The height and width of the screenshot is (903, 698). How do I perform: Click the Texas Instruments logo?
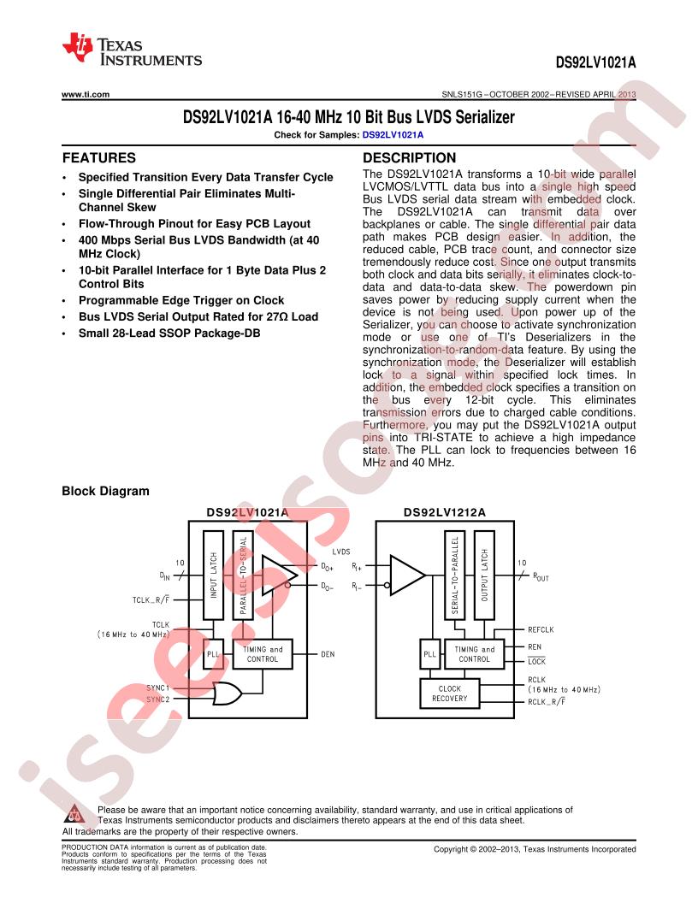coord(132,50)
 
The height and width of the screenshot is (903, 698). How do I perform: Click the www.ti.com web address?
coord(86,94)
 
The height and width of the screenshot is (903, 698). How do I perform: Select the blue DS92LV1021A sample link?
coord(393,135)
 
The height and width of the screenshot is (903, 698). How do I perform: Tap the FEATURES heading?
coord(99,158)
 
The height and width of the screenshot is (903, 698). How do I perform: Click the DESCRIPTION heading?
coord(409,158)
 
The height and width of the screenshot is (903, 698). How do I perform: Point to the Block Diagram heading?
coord(105,491)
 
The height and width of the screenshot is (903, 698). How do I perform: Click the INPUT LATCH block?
coord(214,575)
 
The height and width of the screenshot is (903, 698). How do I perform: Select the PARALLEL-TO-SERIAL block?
coord(243,575)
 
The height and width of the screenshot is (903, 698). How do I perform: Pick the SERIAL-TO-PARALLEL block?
coord(455,575)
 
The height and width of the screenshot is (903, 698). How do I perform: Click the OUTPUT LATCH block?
coord(484,575)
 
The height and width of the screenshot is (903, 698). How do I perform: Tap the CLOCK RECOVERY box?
coord(450,693)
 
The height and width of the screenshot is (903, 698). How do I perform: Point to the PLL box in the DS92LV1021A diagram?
coord(214,654)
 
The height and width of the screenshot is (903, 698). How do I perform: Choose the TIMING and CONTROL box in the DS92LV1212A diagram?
coord(474,654)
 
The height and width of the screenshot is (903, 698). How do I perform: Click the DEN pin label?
coord(328,654)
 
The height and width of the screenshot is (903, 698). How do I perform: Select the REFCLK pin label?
coord(541,630)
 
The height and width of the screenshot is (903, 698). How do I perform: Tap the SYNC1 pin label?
coord(157,688)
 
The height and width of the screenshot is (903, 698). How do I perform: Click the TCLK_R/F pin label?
coord(151,600)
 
